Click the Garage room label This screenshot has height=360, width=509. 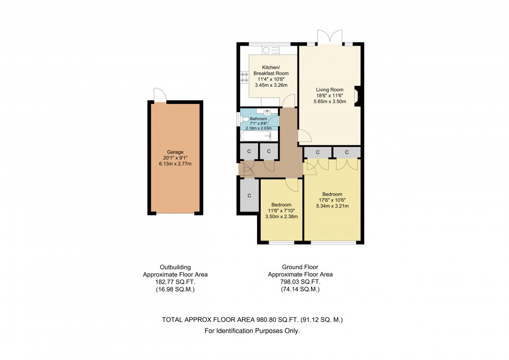(x=175, y=152)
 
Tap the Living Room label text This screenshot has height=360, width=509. (x=329, y=90)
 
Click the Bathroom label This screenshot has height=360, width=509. (x=258, y=119)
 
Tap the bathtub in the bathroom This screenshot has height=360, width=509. (x=256, y=136)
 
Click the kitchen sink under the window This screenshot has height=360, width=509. (x=270, y=50)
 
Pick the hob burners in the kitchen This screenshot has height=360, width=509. (x=244, y=77)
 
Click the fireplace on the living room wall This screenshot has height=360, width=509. (x=357, y=97)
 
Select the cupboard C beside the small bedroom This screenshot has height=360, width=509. (x=249, y=195)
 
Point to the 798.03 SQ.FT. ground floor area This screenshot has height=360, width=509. (x=300, y=282)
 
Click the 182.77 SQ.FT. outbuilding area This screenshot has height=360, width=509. (x=176, y=282)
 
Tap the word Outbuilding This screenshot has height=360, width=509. (x=176, y=267)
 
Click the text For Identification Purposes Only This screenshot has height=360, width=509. (x=252, y=331)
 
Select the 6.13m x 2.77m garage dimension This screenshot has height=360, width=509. (x=175, y=164)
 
